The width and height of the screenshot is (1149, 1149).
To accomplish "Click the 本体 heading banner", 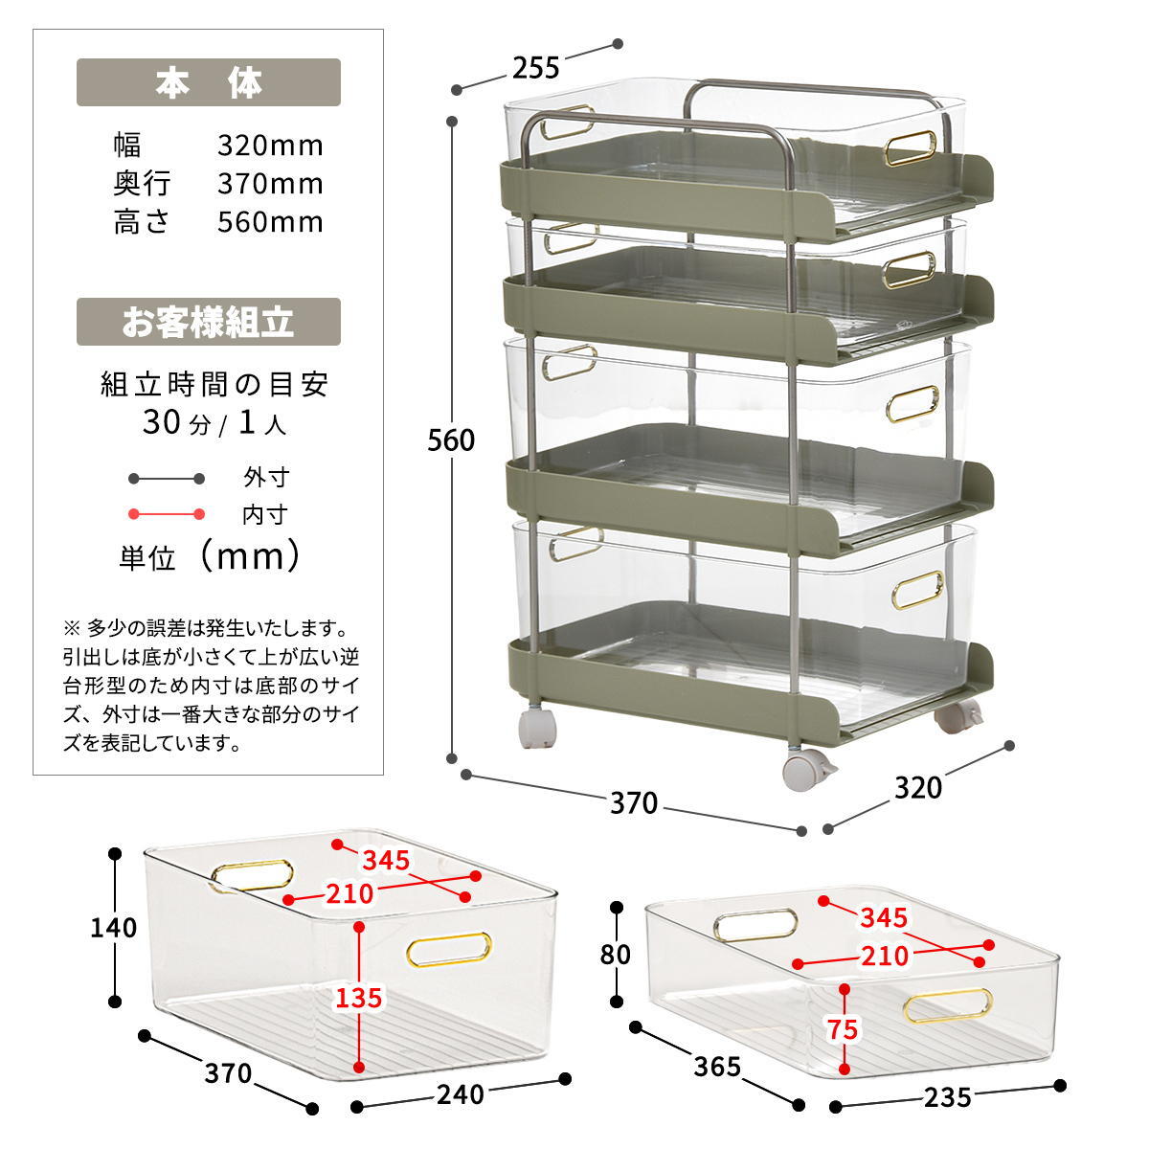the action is click(208, 82).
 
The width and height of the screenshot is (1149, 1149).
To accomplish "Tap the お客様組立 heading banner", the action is click(208, 322).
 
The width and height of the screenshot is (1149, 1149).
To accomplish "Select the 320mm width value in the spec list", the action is click(270, 146).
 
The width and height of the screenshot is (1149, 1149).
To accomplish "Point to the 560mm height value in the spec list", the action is click(270, 222).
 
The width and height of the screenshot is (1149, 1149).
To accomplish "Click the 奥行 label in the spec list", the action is click(142, 184).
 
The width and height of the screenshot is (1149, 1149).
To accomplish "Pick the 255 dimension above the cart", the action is click(536, 68).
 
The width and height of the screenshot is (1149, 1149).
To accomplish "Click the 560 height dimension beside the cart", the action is click(451, 440).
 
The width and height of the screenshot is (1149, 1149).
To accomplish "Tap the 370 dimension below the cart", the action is click(634, 803).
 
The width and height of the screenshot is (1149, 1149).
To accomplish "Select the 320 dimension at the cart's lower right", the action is click(918, 788).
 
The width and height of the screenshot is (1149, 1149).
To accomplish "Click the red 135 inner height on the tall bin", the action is click(358, 998).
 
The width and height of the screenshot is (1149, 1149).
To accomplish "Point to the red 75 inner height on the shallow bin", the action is click(843, 1029).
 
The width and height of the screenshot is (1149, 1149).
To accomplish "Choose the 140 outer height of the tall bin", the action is click(113, 928).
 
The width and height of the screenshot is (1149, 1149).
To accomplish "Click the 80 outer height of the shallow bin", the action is click(616, 955).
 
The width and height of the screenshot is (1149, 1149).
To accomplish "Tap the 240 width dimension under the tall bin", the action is click(461, 1094).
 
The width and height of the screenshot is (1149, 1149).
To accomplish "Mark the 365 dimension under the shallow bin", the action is click(717, 1067).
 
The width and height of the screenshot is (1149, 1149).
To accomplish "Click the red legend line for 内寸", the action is click(167, 514).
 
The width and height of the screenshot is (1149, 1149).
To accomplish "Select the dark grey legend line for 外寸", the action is click(167, 478).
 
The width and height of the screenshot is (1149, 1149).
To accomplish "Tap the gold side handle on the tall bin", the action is click(449, 949).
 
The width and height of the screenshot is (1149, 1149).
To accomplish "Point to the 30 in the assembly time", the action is click(161, 422).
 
